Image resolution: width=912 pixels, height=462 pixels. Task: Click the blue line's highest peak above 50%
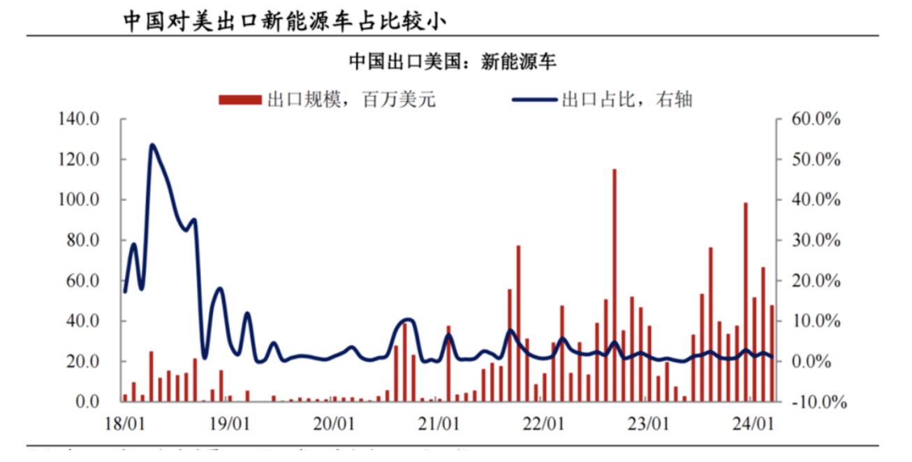tap(152, 145)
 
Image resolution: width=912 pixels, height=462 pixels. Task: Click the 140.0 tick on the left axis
tap(78, 119)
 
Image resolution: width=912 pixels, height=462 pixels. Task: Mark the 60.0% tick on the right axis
tap(815, 119)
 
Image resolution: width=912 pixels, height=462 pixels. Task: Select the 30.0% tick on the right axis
tap(815, 241)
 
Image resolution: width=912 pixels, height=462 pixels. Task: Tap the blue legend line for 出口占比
tap(535, 100)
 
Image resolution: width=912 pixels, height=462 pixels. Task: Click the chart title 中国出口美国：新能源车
tap(453, 61)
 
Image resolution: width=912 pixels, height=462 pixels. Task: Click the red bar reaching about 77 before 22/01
tap(518, 323)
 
